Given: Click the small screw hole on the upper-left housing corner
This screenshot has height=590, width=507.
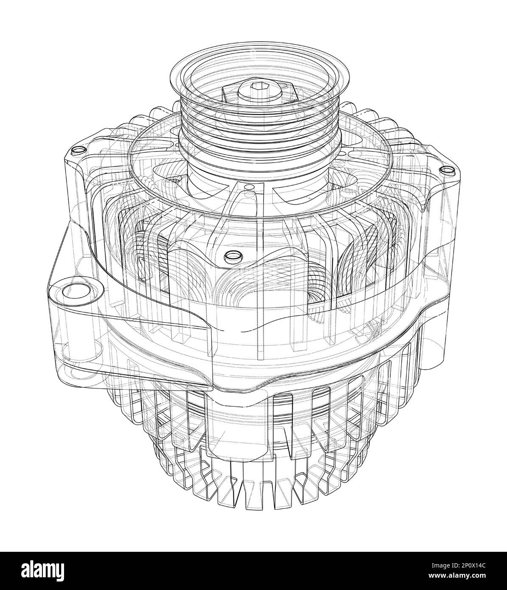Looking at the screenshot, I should (78, 151).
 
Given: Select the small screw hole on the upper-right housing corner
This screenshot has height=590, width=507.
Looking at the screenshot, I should (445, 170).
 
